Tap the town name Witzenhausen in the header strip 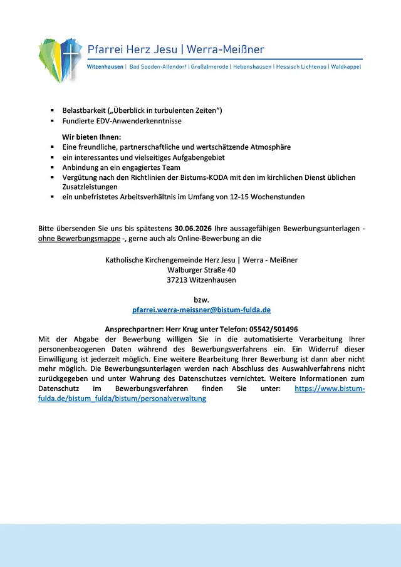[105, 66]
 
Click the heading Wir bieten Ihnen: [91, 137]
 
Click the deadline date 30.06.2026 [193, 228]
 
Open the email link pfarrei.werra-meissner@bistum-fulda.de [201, 310]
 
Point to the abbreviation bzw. [201, 299]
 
